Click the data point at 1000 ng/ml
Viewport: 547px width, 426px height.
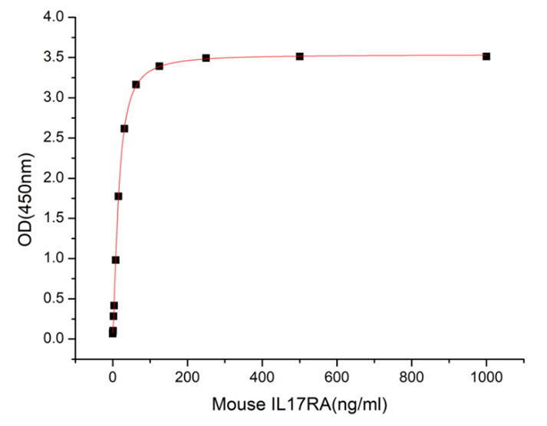[x=486, y=56]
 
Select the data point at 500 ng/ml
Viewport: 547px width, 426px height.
[x=299, y=56]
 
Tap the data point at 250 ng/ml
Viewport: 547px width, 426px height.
[x=206, y=58]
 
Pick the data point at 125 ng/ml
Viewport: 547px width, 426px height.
[x=159, y=66]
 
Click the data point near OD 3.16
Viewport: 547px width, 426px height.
[x=136, y=84]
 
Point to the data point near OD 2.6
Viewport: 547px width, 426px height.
[x=124, y=128]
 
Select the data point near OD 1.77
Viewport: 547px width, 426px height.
[x=118, y=196]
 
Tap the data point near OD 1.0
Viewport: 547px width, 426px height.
[x=115, y=259]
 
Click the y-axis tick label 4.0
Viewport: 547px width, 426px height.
[x=56, y=17]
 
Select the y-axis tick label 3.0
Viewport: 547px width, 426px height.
[x=56, y=97]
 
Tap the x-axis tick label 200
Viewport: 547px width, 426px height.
[x=187, y=377]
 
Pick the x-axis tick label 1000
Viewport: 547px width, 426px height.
[x=486, y=377]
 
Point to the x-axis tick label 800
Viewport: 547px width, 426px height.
[x=411, y=377]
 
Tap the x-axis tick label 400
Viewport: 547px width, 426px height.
[x=262, y=377]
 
